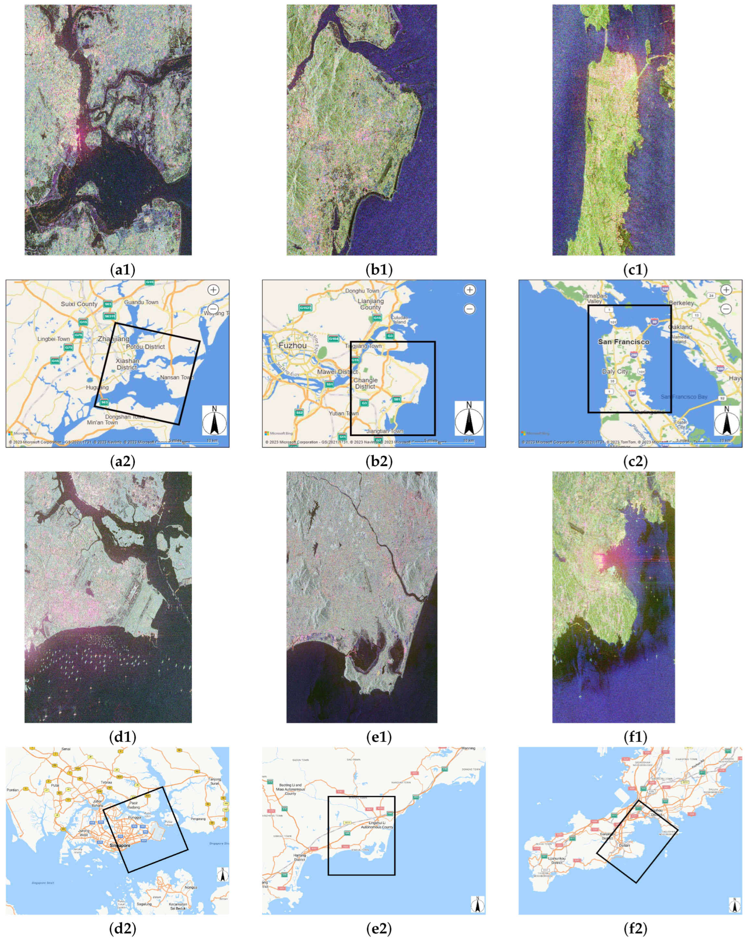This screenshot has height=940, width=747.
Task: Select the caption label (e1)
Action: pos(379,737)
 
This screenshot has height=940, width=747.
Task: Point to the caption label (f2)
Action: pos(635,929)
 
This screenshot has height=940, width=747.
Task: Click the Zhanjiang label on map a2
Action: pos(113,339)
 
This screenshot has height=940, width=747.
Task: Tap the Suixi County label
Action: pos(79,304)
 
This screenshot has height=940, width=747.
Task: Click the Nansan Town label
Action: pos(177,377)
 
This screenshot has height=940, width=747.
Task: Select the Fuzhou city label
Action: pos(292,345)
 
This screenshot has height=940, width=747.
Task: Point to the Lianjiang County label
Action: pos(371,304)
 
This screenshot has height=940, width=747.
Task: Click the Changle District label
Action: pos(365,383)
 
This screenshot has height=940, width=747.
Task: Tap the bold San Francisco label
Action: pos(623,342)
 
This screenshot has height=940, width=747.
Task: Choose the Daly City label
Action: pos(615,371)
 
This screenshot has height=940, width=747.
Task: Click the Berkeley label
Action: pos(681,303)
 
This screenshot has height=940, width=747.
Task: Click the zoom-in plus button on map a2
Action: pos(213,290)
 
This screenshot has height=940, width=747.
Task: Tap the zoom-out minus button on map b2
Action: pos(469,309)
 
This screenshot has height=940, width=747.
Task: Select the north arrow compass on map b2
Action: pos(469,418)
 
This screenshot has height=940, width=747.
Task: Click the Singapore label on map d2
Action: pos(120,846)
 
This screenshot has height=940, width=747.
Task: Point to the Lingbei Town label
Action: pos(53,339)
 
